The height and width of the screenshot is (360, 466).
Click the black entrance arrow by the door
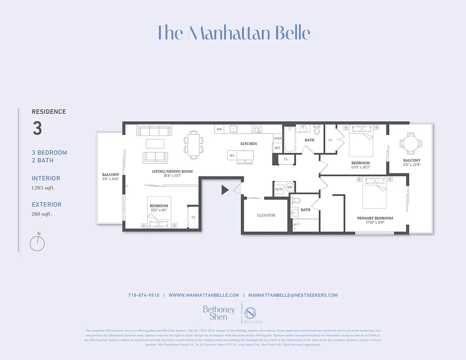(225, 190)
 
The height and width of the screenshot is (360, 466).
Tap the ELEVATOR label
(266, 216)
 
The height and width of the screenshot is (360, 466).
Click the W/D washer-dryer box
(279, 189)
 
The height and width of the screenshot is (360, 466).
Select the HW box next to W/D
(290, 188)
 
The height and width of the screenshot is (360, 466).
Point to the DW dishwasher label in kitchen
(219, 130)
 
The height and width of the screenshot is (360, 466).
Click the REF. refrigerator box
(277, 148)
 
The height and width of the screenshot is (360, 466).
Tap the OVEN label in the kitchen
(278, 139)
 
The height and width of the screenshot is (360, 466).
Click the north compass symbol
(37, 243)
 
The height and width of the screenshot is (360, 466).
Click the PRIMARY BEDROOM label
(375, 218)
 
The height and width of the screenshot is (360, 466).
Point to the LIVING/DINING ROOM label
(172, 171)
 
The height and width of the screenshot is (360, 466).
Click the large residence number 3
(37, 129)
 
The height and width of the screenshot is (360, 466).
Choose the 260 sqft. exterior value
(42, 214)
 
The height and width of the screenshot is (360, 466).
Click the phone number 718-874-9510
(144, 295)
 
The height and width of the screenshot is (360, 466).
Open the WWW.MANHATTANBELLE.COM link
(204, 295)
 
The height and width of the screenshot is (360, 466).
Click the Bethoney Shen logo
(219, 313)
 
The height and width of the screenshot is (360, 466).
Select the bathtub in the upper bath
(290, 140)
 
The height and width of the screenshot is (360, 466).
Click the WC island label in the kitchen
(232, 156)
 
